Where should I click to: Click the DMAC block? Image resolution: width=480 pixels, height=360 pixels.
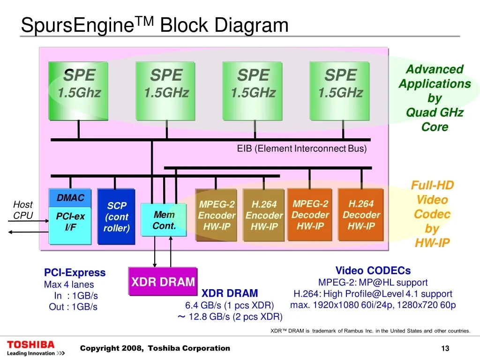pos(70,198)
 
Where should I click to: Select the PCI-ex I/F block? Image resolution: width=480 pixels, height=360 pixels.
pos(70,225)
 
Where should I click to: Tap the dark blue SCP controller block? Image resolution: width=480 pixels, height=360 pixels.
pos(116,217)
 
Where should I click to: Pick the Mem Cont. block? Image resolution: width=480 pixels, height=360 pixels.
pos(164,220)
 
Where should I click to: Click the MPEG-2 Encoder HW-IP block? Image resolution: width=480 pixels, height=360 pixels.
pos(217,215)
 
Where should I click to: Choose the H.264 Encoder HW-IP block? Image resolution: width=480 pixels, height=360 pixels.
pos(264,215)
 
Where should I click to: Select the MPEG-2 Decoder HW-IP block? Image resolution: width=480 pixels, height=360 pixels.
pos(310,215)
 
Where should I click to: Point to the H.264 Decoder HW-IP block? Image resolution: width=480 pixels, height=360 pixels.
pos(361,215)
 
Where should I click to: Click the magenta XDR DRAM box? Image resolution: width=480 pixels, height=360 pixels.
pos(163,282)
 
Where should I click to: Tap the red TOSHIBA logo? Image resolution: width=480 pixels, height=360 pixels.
pos(30,345)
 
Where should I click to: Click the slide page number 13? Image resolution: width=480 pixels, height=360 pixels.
pos(445,348)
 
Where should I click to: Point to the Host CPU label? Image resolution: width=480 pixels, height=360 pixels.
pos(23,210)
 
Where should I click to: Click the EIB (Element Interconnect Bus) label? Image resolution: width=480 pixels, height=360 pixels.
pos(302,149)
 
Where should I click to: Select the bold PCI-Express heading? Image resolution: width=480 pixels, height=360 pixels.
pos(75,272)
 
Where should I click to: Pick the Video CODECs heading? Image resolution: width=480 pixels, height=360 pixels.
pos(373,270)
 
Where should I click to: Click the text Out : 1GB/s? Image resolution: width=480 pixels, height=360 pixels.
pos(73,307)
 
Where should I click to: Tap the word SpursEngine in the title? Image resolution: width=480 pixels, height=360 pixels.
pos(77,25)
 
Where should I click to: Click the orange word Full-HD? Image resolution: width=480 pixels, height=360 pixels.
pos(432,185)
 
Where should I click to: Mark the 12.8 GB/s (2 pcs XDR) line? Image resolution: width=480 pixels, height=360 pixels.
pos(230,316)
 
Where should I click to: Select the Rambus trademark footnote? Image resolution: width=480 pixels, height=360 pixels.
pos(370,331)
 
